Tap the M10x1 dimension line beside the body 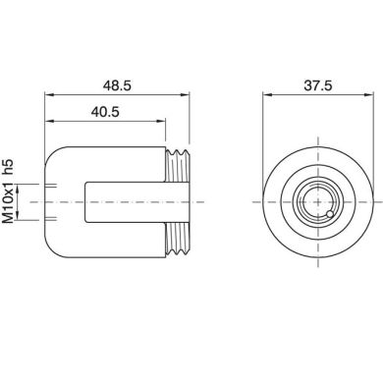tap(40, 201)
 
